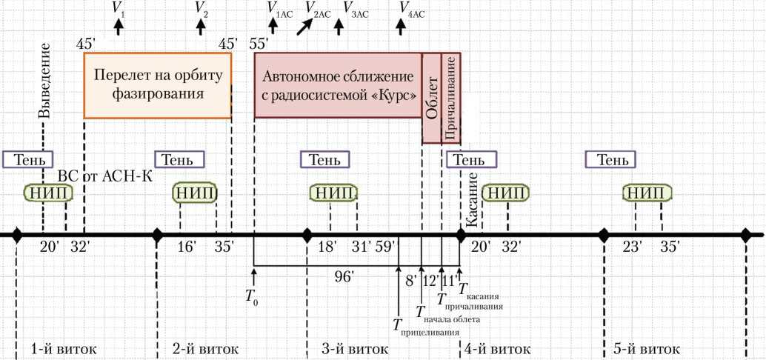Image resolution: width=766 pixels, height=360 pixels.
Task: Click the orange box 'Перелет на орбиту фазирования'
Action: pyautogui.click(x=157, y=85)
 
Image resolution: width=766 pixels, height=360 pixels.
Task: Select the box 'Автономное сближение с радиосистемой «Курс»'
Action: pyautogui.click(x=338, y=85)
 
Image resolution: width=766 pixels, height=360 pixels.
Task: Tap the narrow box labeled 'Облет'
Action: pyautogui.click(x=432, y=98)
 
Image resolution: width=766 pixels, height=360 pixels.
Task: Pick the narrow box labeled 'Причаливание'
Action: pyautogui.click(x=451, y=98)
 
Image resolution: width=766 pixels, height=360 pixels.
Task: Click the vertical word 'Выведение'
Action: pyautogui.click(x=44, y=81)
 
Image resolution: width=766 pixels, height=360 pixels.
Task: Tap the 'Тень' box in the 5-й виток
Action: pyautogui.click(x=610, y=159)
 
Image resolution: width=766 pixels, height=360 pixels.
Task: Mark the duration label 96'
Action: pyautogui.click(x=344, y=276)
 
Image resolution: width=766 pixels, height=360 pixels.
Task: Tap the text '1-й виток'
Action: pyautogui.click(x=64, y=348)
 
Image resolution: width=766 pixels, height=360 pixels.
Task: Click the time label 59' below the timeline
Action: pyautogui.click(x=385, y=247)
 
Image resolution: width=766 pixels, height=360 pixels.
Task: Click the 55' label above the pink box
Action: pyautogui.click(x=259, y=44)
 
